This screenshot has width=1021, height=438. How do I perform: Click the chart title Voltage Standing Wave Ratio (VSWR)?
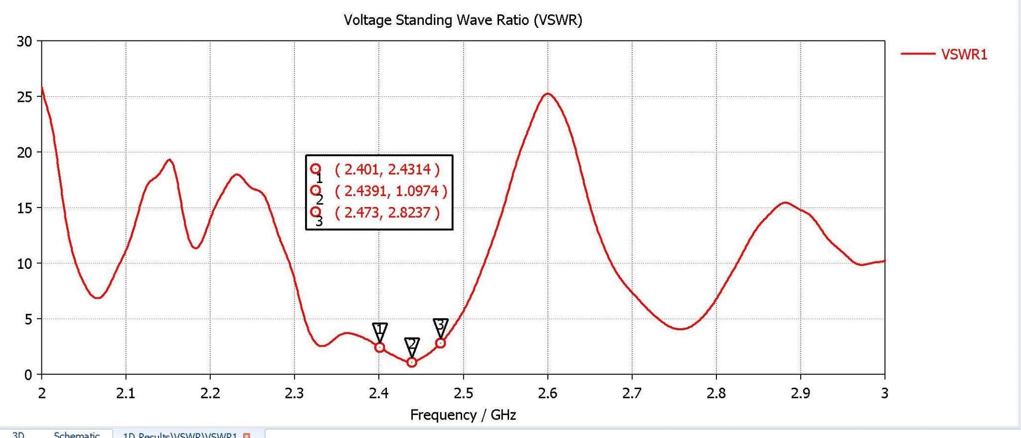point(463,20)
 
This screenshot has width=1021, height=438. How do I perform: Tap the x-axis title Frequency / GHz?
point(463,415)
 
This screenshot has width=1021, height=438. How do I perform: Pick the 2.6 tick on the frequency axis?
point(547,394)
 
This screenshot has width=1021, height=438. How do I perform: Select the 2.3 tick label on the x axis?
point(294,394)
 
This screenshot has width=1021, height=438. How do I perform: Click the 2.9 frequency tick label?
point(801,394)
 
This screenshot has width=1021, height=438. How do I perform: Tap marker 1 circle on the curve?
point(380,347)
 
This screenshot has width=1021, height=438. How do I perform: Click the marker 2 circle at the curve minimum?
point(412,362)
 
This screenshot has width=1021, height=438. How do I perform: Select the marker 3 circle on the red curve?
point(440,343)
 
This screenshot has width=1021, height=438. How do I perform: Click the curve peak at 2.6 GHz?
point(548,94)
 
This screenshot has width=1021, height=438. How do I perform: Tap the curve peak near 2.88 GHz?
point(785,203)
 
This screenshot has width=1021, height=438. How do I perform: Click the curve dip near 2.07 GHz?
point(98,298)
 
